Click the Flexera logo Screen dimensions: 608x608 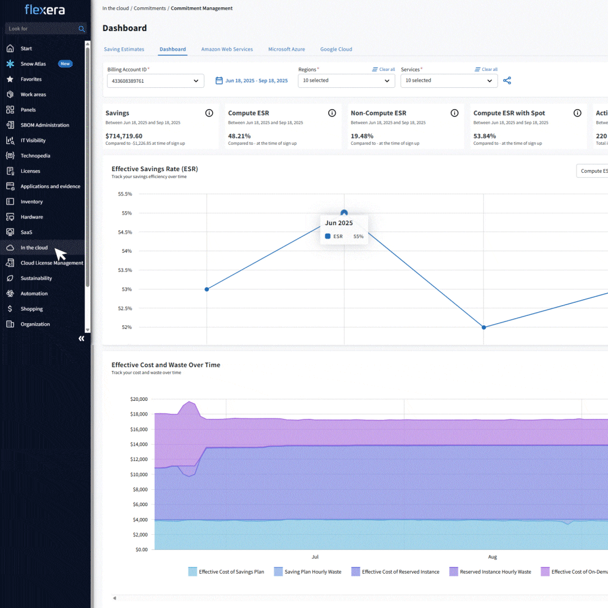pyautogui.click(x=44, y=10)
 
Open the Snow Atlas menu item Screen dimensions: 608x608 pyautogui.click(x=34, y=64)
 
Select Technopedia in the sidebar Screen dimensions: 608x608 pyautogui.click(x=35, y=156)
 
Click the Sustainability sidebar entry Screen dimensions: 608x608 pyautogui.click(x=36, y=278)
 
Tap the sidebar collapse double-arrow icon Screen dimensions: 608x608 pyautogui.click(x=82, y=338)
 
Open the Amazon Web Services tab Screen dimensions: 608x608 pyautogui.click(x=227, y=50)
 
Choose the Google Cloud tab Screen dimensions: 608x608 pyautogui.click(x=336, y=50)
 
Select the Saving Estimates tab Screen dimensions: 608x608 pyautogui.click(x=124, y=50)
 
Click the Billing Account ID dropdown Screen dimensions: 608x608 pyautogui.click(x=155, y=81)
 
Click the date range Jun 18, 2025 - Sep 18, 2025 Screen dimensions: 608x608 pyautogui.click(x=252, y=81)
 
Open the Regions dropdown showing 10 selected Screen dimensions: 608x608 pyautogui.click(x=346, y=81)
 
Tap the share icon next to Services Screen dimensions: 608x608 pyautogui.click(x=507, y=81)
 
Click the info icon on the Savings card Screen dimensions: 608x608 pyautogui.click(x=209, y=113)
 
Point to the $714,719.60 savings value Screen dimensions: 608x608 pyautogui.click(x=124, y=136)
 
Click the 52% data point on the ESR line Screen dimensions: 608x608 pyautogui.click(x=484, y=327)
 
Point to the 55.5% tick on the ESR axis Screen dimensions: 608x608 pyautogui.click(x=124, y=194)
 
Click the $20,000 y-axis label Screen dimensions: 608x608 pyautogui.click(x=138, y=399)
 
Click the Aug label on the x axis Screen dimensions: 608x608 pyautogui.click(x=493, y=557)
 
